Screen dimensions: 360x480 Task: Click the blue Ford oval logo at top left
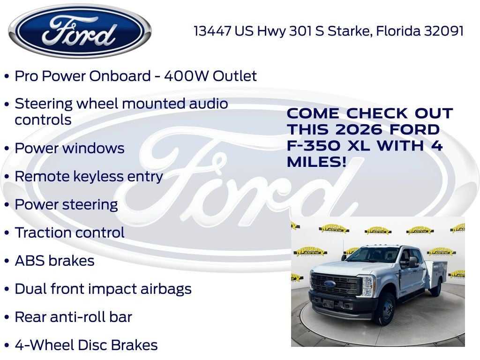(80, 31)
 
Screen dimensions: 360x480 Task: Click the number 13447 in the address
(212, 31)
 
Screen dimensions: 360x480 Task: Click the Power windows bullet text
(69, 148)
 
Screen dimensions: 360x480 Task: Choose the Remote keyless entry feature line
(89, 176)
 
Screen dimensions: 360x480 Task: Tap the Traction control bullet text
(69, 232)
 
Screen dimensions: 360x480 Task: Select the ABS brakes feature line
(54, 261)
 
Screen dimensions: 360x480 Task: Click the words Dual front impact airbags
(103, 289)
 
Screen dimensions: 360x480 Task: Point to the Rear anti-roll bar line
(73, 317)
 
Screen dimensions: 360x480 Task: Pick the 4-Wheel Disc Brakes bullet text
(86, 345)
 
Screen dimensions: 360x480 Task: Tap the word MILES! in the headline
(317, 162)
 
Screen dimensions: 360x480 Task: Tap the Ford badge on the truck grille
(330, 284)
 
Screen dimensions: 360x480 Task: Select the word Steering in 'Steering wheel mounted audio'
(44, 104)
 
